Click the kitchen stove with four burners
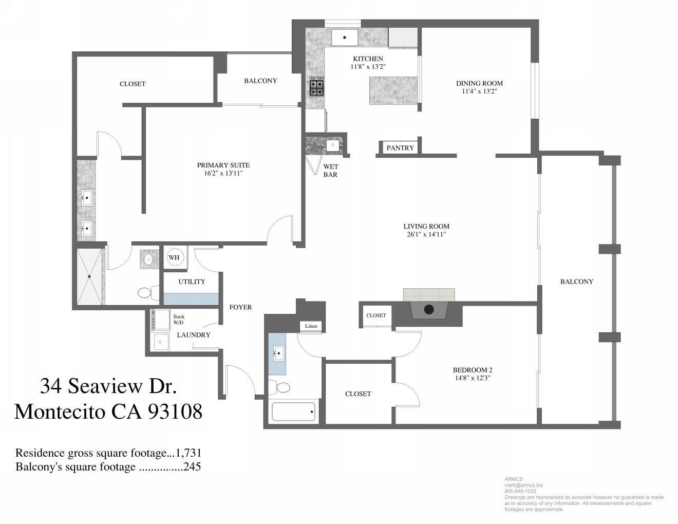(x=316, y=87)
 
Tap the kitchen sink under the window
(x=344, y=38)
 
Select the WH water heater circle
(x=175, y=257)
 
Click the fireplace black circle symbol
(x=429, y=309)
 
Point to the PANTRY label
(x=400, y=148)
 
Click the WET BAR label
(x=330, y=171)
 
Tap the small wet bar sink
(x=333, y=145)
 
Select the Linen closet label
(x=311, y=326)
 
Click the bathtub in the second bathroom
(x=293, y=411)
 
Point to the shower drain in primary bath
(x=89, y=277)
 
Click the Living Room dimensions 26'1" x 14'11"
(x=426, y=235)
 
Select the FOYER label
(x=240, y=307)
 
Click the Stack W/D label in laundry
(x=179, y=320)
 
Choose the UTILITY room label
(x=192, y=282)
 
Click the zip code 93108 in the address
(x=175, y=411)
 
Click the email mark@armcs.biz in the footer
(x=523, y=485)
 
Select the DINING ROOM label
(x=479, y=83)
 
